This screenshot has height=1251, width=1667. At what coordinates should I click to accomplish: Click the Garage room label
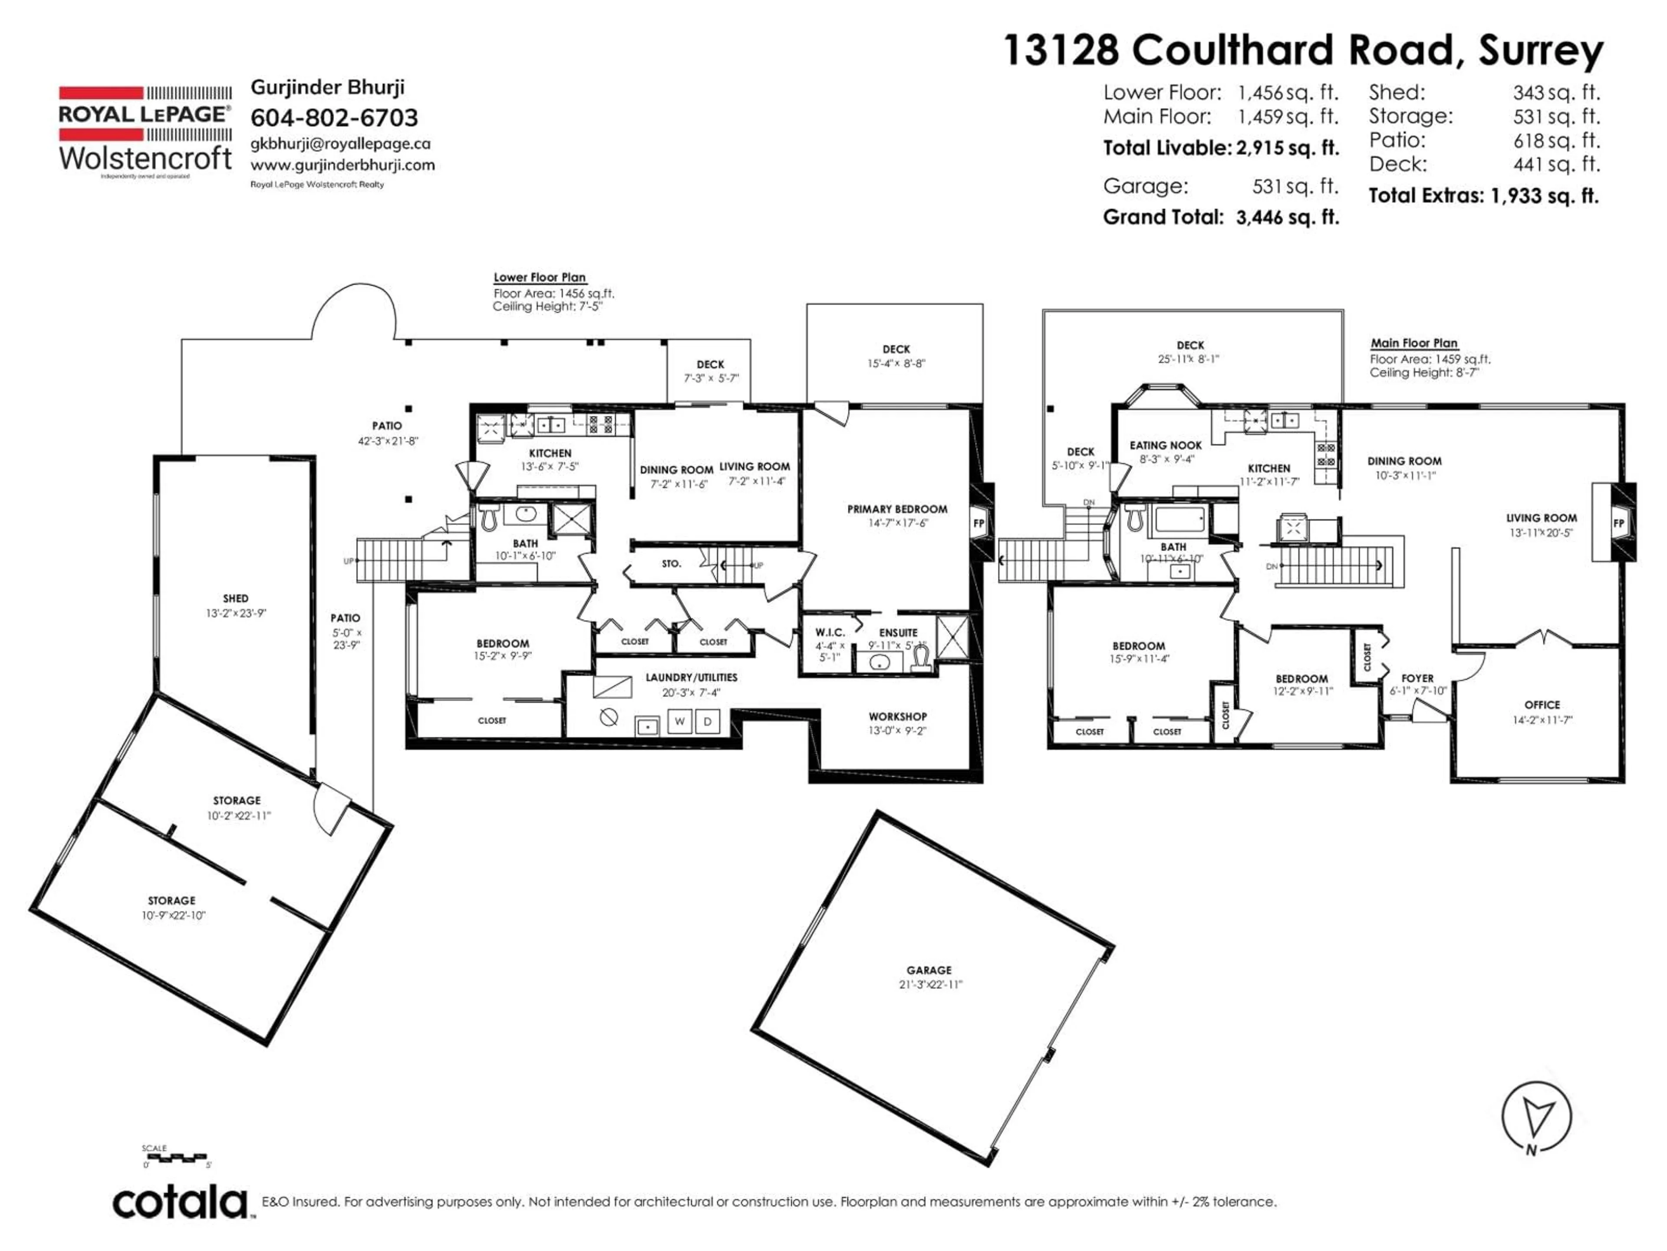coord(929,970)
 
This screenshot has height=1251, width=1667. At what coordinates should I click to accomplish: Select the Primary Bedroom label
coord(897,509)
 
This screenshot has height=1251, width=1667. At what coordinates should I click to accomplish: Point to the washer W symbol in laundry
coord(679,721)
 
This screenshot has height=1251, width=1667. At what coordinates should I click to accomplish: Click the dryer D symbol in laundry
coord(707,721)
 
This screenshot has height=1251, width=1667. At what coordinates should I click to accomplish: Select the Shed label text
coord(235,598)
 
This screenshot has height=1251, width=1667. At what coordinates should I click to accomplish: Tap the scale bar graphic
coord(175,1156)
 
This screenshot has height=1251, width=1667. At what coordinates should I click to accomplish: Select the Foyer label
coord(1417,678)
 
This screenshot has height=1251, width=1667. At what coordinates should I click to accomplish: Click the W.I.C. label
coord(830,632)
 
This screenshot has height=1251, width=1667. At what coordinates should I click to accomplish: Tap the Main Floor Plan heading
coord(1414,343)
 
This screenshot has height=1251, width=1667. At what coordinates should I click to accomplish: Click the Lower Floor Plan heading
coord(540,278)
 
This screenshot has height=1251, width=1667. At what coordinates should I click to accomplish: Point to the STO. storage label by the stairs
coord(671,563)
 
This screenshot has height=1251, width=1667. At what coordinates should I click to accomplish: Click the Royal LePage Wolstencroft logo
coord(145,132)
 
